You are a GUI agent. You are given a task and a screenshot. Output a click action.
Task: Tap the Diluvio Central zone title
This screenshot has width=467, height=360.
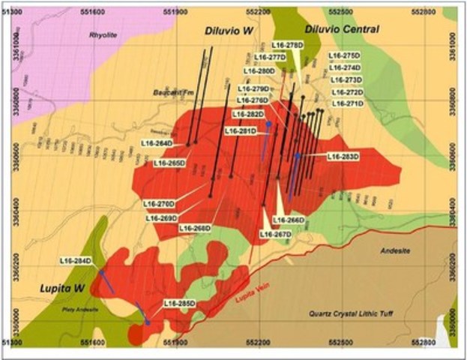click(x=341, y=29)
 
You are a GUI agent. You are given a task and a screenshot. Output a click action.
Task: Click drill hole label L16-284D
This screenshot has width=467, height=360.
click(x=76, y=261)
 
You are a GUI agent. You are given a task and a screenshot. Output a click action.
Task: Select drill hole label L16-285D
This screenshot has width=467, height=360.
click(x=179, y=304)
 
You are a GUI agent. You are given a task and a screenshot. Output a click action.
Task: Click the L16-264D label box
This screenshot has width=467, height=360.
click(x=157, y=142)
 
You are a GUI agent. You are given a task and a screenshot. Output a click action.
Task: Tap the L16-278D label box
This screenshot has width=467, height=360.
click(x=288, y=46)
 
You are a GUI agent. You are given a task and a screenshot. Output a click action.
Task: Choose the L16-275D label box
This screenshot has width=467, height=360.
click(x=346, y=55)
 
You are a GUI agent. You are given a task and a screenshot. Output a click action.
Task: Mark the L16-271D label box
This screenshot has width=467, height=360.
click(x=347, y=103)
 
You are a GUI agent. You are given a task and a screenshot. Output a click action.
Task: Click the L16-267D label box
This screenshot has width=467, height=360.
click(x=275, y=234)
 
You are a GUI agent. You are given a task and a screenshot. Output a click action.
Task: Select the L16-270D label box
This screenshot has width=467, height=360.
click(x=159, y=203)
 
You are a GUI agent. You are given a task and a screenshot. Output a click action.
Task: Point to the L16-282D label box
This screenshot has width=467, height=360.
click(x=248, y=114)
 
